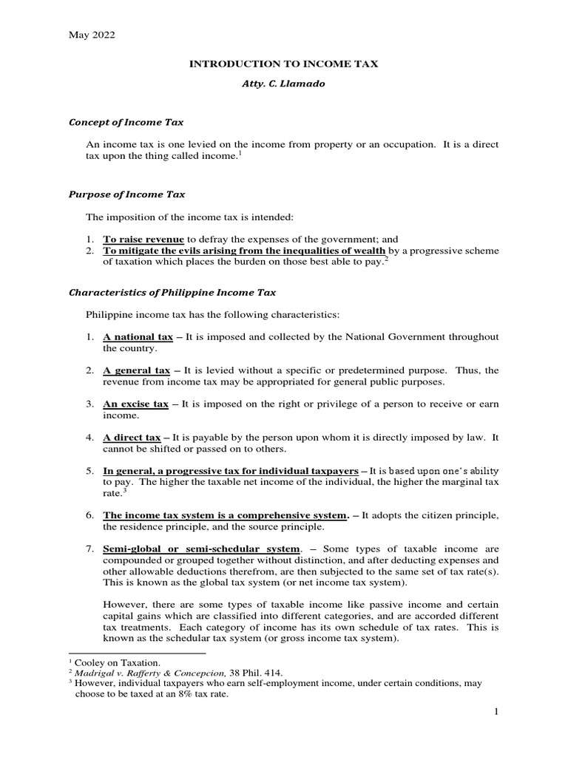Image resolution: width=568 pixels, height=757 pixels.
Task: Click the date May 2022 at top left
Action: click(x=92, y=35)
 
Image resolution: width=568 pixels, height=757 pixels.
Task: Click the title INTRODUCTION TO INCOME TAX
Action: click(x=284, y=64)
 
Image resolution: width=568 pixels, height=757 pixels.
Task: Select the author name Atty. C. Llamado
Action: click(x=284, y=85)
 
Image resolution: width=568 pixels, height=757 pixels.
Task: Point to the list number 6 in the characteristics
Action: click(x=88, y=515)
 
